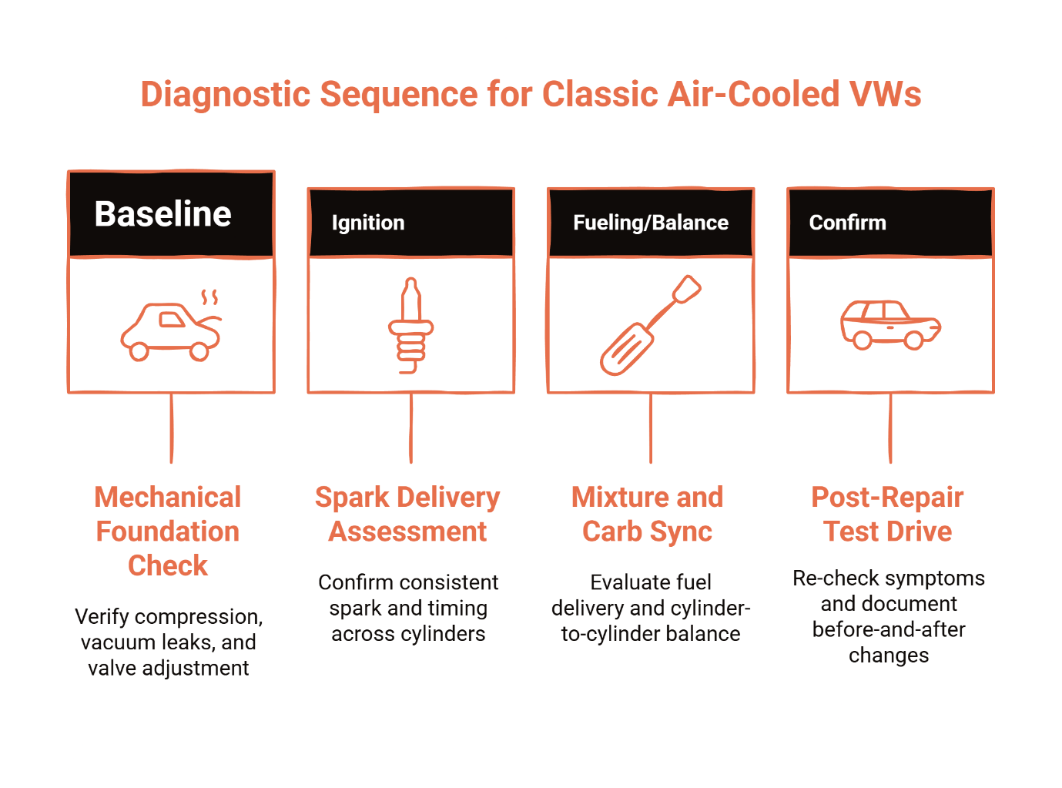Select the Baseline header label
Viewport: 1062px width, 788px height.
point(162,214)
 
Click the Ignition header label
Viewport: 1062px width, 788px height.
point(367,223)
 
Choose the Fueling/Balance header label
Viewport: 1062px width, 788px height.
point(651,223)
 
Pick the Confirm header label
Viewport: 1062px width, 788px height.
point(847,223)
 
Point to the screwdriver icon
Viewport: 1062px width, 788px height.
point(650,325)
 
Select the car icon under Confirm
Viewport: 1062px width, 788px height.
point(890,324)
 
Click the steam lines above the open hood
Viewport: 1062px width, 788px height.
point(209,297)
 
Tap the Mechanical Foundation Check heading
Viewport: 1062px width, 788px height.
point(168,531)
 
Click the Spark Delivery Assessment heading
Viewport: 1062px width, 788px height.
point(407,514)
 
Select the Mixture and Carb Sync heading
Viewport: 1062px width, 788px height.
point(648,514)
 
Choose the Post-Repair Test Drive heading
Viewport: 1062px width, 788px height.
point(888,514)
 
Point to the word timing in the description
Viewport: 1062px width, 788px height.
point(457,608)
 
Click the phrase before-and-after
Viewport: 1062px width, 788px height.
point(888,629)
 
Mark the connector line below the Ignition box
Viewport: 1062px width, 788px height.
point(410,428)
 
